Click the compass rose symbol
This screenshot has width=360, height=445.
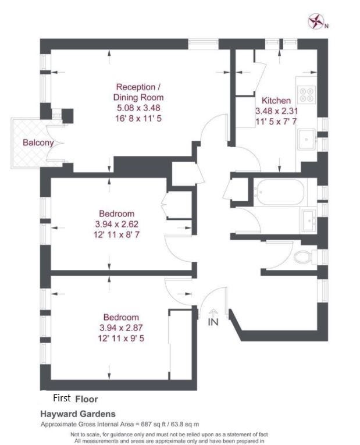click(316, 22)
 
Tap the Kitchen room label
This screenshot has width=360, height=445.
click(276, 101)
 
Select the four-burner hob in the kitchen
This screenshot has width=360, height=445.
click(306, 94)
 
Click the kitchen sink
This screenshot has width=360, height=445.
click(306, 139)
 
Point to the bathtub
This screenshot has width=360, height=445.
click(279, 192)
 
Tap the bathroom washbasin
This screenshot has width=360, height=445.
click(309, 220)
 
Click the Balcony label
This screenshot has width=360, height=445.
click(38, 143)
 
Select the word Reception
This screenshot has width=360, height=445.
click(136, 87)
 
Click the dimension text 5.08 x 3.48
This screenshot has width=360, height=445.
click(138, 108)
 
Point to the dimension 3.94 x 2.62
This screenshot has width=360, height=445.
click(116, 224)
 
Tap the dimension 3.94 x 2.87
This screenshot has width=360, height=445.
click(121, 328)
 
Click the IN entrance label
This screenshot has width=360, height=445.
click(213, 322)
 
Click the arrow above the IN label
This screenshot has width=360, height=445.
click(213, 313)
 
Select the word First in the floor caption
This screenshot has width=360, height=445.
click(62, 398)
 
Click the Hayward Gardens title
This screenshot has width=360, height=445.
click(78, 414)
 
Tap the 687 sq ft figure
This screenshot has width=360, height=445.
click(154, 424)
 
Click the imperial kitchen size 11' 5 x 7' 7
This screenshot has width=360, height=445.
click(276, 122)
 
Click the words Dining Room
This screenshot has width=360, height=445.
click(138, 97)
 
